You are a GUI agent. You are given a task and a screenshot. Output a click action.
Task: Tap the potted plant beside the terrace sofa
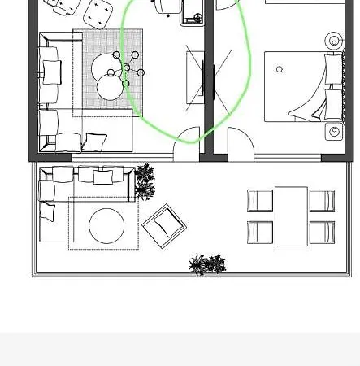pos(145,181)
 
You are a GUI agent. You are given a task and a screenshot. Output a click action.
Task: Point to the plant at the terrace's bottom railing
pos(206,264)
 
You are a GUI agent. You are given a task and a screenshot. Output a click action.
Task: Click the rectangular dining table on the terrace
pos(291,216)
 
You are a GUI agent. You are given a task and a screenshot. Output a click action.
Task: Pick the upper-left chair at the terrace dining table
pos(260,200)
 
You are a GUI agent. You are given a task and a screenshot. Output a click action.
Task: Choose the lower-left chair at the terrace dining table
pos(260,232)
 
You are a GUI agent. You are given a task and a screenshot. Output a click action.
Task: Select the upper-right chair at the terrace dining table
pos(322,200)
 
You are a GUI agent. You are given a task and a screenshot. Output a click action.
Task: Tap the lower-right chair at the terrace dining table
pos(322,232)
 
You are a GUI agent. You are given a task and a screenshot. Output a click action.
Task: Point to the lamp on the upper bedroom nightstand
pos(334,39)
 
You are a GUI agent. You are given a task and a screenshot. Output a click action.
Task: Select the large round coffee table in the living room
pos(108,67)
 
